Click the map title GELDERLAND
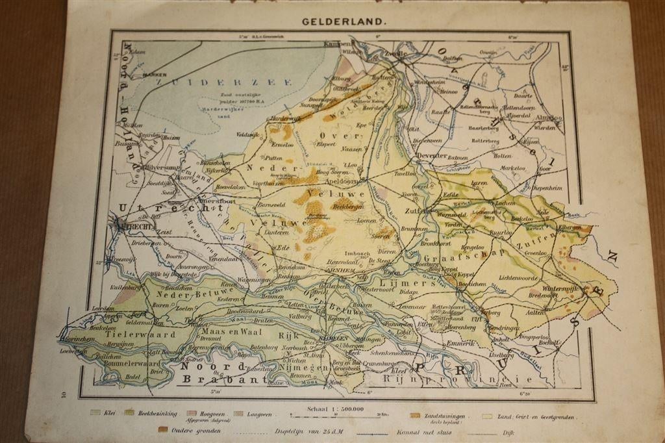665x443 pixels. pyautogui.click(x=344, y=21)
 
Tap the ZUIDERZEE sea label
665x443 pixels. pyautogui.click(x=195, y=82)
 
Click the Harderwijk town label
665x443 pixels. pyautogui.click(x=286, y=118)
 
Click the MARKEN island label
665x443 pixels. pyautogui.click(x=155, y=75)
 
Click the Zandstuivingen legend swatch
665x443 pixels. pyautogui.click(x=414, y=414)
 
